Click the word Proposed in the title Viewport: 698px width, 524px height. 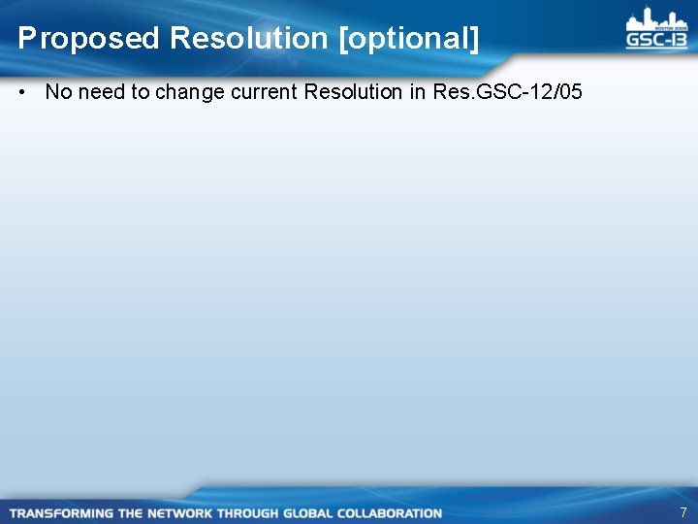[x=87, y=39]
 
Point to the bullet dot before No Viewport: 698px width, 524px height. [x=21, y=92]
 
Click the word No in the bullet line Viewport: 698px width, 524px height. [x=58, y=92]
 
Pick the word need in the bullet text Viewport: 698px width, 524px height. [x=101, y=92]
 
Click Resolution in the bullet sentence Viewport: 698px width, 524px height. [x=350, y=92]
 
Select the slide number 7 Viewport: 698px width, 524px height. [x=683, y=512]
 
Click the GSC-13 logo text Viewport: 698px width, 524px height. [x=656, y=40]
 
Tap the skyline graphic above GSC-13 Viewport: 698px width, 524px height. [x=656, y=18]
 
